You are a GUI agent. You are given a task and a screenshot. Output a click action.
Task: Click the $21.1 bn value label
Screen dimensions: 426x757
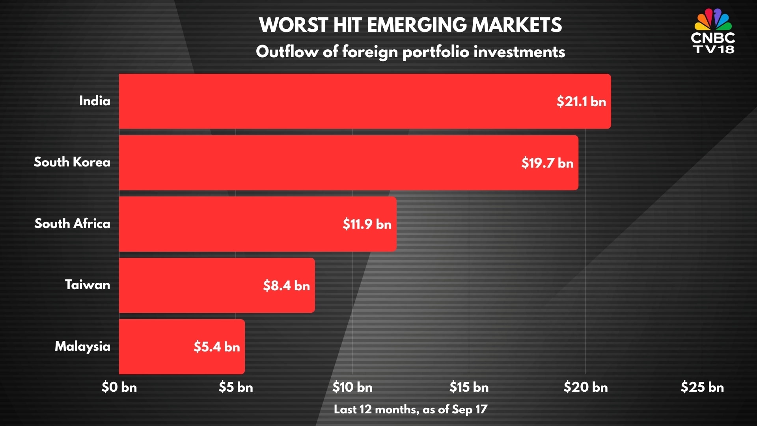tap(581, 101)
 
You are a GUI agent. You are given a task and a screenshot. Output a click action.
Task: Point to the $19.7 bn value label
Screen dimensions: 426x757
tap(547, 163)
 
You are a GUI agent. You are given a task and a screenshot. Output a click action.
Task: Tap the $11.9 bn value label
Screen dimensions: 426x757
tap(367, 224)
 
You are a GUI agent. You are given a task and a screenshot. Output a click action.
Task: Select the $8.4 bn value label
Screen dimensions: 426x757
tap(286, 286)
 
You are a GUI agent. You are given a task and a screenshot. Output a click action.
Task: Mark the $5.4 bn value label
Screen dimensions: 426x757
tap(216, 347)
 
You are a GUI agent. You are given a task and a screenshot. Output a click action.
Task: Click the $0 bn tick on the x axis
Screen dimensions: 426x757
tap(119, 387)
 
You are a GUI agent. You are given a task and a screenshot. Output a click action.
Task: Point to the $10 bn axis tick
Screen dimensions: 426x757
tap(352, 387)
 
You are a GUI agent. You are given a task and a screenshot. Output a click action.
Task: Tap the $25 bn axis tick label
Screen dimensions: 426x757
tap(702, 387)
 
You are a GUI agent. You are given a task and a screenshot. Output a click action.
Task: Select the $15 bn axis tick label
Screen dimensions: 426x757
tap(469, 387)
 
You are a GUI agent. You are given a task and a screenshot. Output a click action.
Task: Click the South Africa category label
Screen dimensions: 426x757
tap(72, 224)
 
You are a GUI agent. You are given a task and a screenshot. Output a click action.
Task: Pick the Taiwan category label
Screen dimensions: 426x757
tap(87, 285)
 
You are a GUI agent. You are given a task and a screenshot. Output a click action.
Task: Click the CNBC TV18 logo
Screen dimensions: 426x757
tap(713, 32)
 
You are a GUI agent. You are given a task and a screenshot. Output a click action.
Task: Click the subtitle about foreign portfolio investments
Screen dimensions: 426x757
tap(410, 52)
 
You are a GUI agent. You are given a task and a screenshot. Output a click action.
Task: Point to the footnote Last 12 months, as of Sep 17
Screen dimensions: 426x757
tap(410, 409)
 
